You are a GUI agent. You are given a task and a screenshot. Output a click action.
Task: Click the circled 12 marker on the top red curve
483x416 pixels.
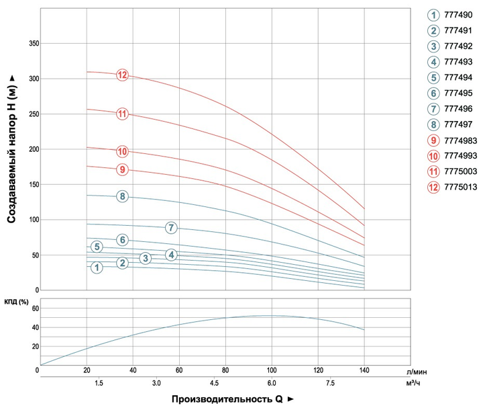tap(122, 75)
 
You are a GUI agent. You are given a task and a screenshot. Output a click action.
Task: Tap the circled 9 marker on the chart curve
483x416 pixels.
tap(122, 169)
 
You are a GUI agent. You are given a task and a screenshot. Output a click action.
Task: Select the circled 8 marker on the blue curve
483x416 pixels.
tap(122, 196)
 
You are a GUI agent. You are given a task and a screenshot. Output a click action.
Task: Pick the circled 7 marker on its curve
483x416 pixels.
tap(171, 228)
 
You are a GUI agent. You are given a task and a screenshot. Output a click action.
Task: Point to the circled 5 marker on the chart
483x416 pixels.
tap(97, 247)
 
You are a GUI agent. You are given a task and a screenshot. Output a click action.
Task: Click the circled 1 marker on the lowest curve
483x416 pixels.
tap(97, 267)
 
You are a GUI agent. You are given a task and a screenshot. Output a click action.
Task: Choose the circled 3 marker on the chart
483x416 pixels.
tap(146, 258)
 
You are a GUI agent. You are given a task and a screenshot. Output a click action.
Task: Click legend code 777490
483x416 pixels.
tap(458, 15)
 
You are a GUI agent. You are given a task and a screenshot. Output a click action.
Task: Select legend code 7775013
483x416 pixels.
tap(460, 187)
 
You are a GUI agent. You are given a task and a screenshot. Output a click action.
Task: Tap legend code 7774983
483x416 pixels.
tap(460, 140)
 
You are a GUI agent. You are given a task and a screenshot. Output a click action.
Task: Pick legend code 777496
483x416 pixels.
tap(458, 109)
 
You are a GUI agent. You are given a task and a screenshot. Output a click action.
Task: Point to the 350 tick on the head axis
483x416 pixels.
tap(34, 44)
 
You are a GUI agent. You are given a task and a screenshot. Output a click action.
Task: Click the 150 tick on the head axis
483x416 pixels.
tap(34, 185)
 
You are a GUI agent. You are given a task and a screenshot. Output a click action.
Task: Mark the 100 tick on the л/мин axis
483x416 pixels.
tap(272, 370)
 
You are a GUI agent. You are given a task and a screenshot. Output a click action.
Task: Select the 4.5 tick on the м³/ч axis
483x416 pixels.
tap(214, 383)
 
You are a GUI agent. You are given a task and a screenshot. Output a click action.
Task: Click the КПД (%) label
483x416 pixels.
tap(16, 302)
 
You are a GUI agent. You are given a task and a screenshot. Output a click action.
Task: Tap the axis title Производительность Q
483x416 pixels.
tap(227, 399)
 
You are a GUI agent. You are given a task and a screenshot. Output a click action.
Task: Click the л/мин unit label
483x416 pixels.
tap(417, 372)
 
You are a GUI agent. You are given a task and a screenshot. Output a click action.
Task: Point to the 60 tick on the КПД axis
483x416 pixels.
tap(36, 308)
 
